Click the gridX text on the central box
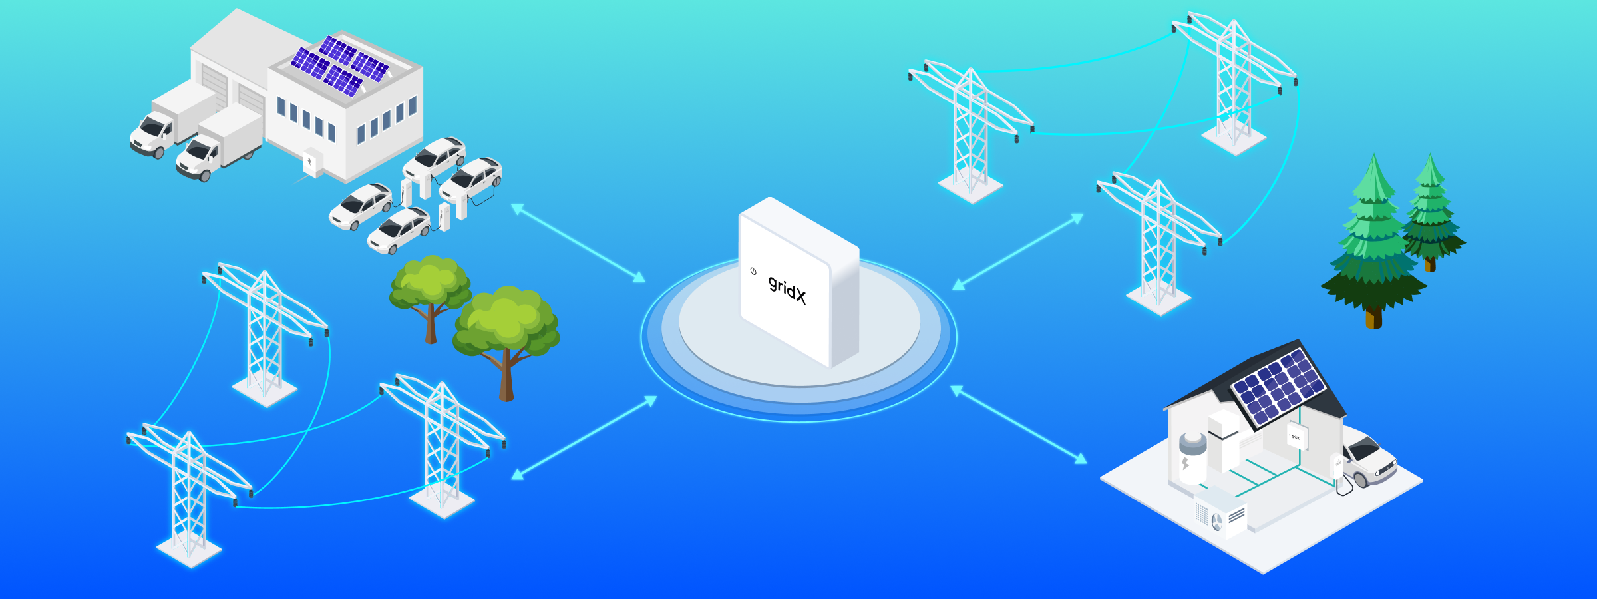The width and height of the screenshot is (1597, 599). click(x=787, y=290)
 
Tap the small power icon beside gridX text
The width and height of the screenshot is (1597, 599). click(x=753, y=271)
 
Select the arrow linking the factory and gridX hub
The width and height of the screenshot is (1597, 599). click(x=578, y=243)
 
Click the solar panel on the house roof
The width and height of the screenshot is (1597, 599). click(x=1278, y=386)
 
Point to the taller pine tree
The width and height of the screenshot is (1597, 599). click(x=1372, y=246)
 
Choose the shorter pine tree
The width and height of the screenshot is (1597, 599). click(x=1431, y=213)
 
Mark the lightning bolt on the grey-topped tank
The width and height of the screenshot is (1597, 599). click(x=1185, y=463)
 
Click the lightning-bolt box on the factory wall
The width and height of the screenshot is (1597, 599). click(x=311, y=162)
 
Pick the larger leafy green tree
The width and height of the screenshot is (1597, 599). click(x=506, y=333)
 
